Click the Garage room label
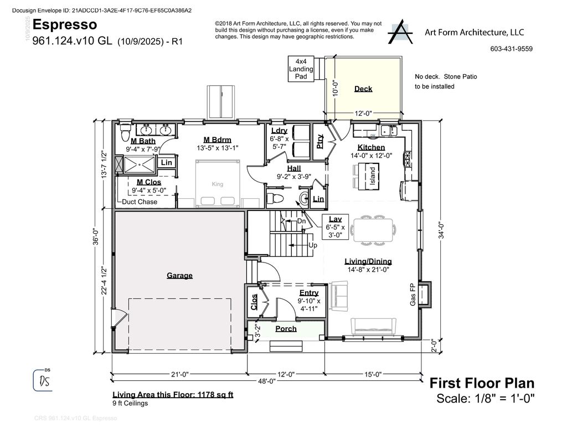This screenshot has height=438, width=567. click(179, 276)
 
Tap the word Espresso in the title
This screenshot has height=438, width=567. click(65, 24)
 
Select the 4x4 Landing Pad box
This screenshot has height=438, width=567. click(301, 69)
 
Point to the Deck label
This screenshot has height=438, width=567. click(363, 89)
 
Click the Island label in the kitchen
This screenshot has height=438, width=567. click(373, 176)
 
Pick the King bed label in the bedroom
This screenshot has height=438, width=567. click(217, 184)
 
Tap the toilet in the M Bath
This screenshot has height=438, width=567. click(125, 132)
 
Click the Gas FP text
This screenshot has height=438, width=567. click(413, 295)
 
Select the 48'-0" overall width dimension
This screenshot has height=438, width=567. click(266, 381)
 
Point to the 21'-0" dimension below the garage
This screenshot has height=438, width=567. click(180, 374)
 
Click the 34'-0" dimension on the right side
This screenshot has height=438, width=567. click(441, 230)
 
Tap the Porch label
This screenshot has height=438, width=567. click(286, 329)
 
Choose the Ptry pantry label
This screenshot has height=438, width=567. click(319, 141)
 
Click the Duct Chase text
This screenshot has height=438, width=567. click(139, 202)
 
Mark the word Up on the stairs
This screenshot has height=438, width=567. click(312, 245)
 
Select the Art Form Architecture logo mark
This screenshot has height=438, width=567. click(400, 32)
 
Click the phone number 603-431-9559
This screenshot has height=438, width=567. click(511, 49)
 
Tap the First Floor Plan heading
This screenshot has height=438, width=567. click(482, 383)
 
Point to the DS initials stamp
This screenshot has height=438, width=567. click(43, 380)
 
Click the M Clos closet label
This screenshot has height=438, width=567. click(148, 182)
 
